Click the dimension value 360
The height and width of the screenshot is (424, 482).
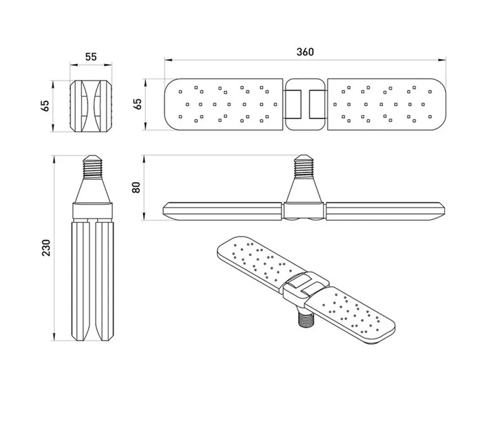click(x=305, y=52)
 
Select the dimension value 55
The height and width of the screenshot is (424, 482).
click(x=91, y=58)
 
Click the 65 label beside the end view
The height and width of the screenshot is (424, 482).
click(x=45, y=105)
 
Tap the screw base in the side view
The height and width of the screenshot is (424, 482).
click(x=304, y=165)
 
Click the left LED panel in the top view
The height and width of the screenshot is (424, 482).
click(x=223, y=103)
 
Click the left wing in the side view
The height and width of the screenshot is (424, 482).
click(x=222, y=210)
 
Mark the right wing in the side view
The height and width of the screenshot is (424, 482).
click(x=386, y=210)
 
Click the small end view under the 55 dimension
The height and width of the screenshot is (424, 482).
click(x=91, y=105)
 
